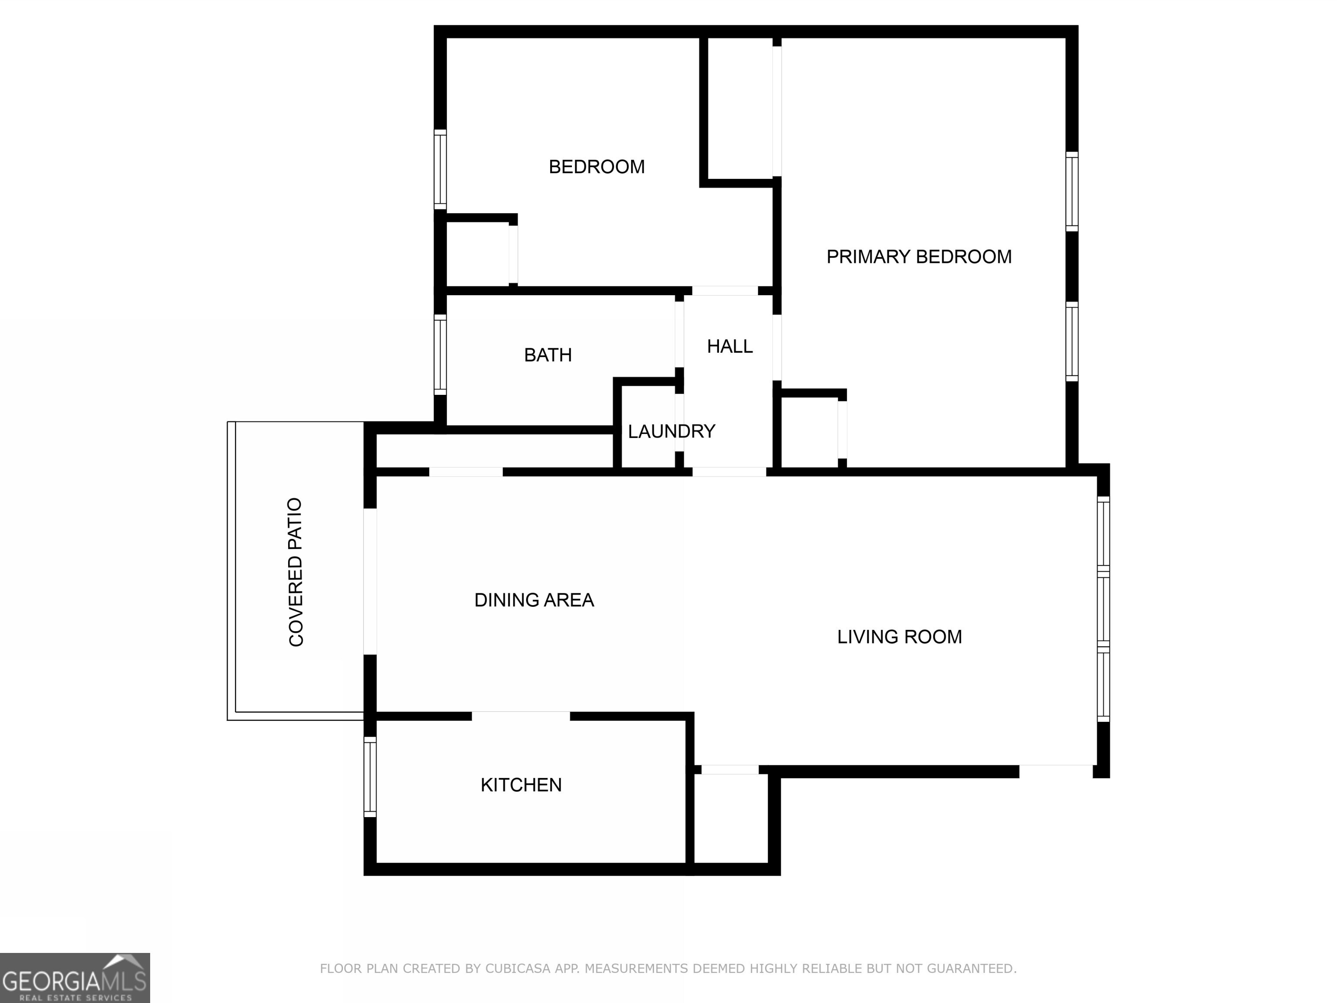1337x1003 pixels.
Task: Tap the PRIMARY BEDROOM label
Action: click(x=918, y=257)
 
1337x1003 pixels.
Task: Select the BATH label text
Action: click(x=548, y=355)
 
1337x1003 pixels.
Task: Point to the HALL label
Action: click(x=729, y=347)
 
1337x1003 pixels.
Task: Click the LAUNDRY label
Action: click(x=671, y=431)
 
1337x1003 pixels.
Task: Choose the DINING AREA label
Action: click(x=534, y=600)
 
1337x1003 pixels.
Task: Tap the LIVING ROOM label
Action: click(x=899, y=636)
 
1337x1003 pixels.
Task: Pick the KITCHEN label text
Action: click(x=521, y=785)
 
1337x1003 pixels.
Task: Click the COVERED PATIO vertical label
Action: click(x=296, y=572)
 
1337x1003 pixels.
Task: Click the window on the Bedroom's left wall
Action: click(x=440, y=169)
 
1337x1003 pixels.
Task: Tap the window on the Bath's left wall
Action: click(x=440, y=354)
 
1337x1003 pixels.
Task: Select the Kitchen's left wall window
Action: click(x=370, y=777)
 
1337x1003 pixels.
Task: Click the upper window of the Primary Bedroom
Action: click(x=1071, y=191)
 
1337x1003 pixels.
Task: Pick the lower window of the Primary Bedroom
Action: click(x=1071, y=342)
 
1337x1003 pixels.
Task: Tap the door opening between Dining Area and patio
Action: click(x=370, y=582)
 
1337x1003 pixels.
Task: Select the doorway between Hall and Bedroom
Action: click(x=724, y=291)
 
